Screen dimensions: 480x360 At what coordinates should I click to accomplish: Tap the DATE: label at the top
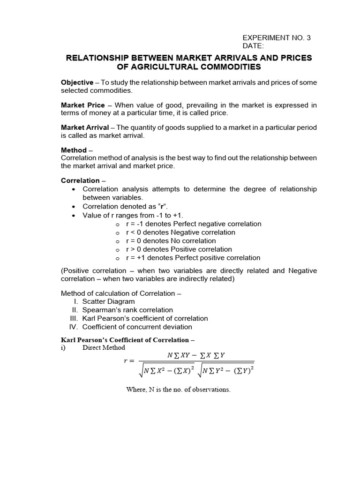(x=253, y=46)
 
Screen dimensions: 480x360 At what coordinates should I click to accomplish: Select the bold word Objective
(x=77, y=82)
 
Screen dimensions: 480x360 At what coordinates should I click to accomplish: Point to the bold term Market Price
(x=83, y=105)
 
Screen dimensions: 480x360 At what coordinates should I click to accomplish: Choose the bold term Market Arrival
(x=85, y=127)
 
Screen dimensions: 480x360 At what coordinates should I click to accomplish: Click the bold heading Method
(x=74, y=150)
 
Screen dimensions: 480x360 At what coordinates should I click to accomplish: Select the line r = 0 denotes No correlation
(x=171, y=241)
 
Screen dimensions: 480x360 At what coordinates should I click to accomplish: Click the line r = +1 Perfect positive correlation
(x=193, y=258)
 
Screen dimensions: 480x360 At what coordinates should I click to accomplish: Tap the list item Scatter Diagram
(x=108, y=301)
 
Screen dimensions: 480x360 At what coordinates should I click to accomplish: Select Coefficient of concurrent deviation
(x=137, y=327)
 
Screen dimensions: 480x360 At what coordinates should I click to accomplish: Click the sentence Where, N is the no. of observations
(x=178, y=390)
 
